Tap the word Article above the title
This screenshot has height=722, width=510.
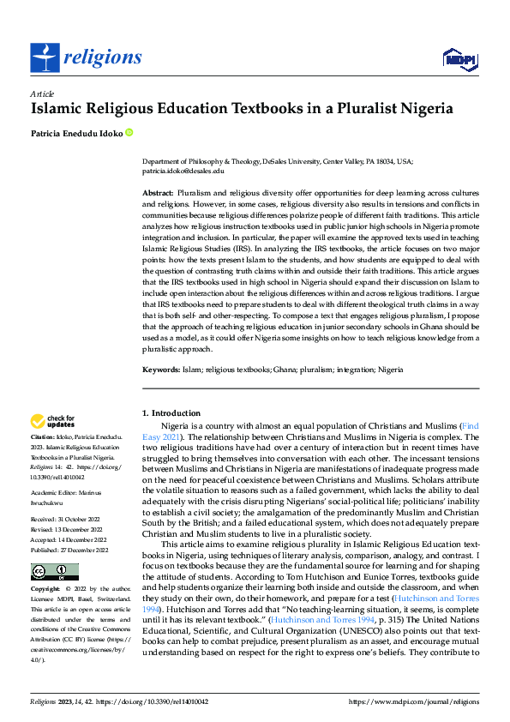pyautogui.click(x=42, y=93)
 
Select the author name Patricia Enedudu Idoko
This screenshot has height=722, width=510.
pyautogui.click(x=76, y=133)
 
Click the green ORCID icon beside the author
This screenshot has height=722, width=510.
pyautogui.click(x=129, y=133)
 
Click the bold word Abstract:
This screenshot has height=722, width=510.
pyautogui.click(x=159, y=195)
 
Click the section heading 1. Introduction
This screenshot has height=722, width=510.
pyautogui.click(x=171, y=413)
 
